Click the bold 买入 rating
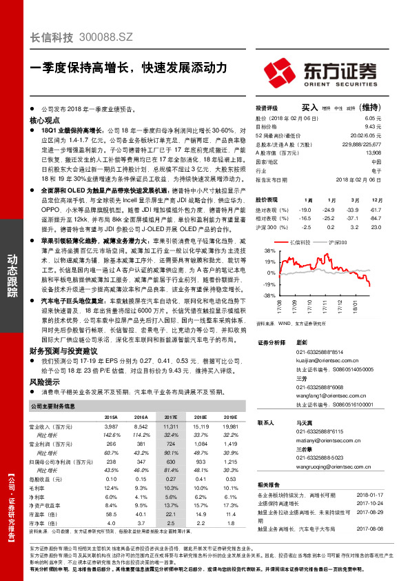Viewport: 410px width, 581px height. [309, 108]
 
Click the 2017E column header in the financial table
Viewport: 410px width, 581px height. [171, 417]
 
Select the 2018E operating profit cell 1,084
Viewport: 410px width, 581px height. [201, 444]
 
